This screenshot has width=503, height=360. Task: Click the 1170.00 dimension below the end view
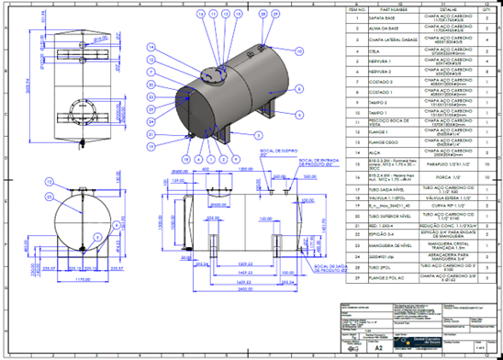tap(62, 276)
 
